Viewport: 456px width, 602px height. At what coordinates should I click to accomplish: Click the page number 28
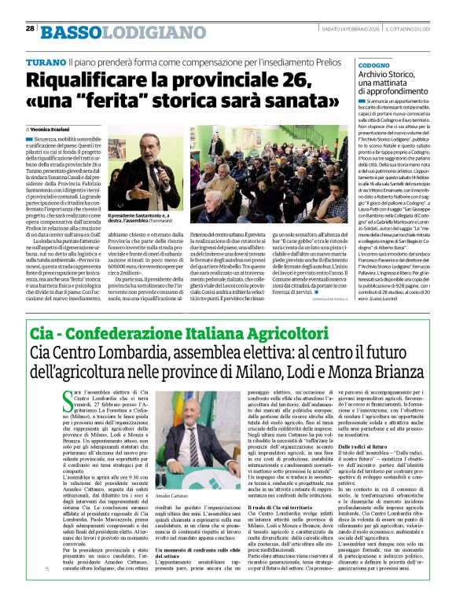point(30,28)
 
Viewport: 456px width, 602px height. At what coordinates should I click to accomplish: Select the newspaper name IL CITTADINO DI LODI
point(401,28)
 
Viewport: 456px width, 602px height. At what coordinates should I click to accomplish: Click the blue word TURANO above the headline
point(44,61)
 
